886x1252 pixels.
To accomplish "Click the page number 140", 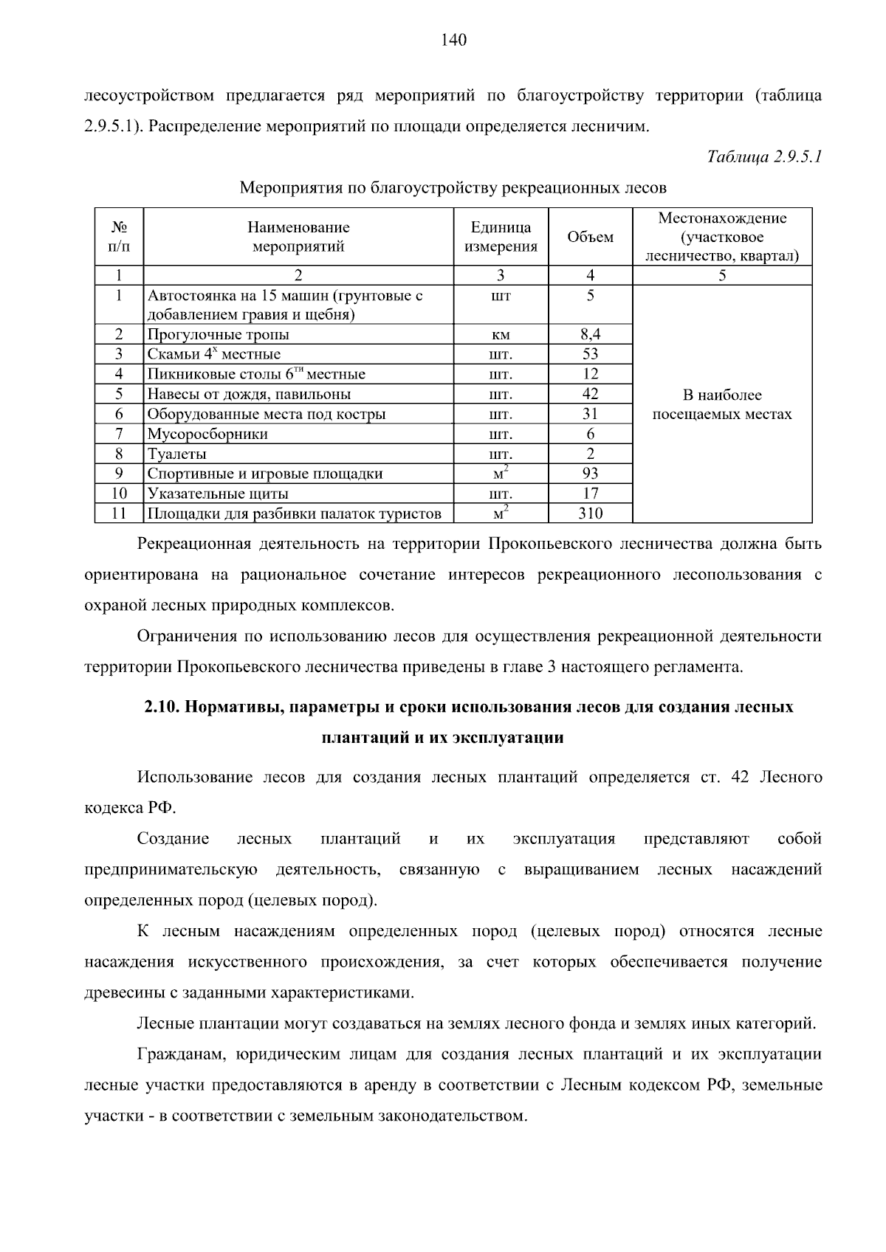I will point(453,40).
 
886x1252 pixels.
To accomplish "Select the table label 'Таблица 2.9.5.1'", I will point(764,157).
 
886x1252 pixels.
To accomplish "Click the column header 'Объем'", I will point(590,237).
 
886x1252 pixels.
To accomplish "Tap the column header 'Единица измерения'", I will point(501,237).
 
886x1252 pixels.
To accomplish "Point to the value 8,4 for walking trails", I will point(590,334).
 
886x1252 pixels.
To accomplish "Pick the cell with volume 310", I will point(590,513).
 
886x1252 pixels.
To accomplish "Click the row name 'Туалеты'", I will point(177,454).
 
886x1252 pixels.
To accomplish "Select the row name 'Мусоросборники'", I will point(207,434).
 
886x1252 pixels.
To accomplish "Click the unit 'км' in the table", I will point(501,335).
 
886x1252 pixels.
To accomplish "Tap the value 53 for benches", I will point(590,354).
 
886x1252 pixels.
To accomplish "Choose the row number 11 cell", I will point(119,513).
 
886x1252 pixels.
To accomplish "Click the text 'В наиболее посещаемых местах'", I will point(721,404).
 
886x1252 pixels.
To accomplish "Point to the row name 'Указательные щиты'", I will point(218,494).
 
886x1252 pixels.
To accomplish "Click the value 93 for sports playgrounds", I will point(590,474).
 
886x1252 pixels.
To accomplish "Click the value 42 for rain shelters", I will point(590,394).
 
